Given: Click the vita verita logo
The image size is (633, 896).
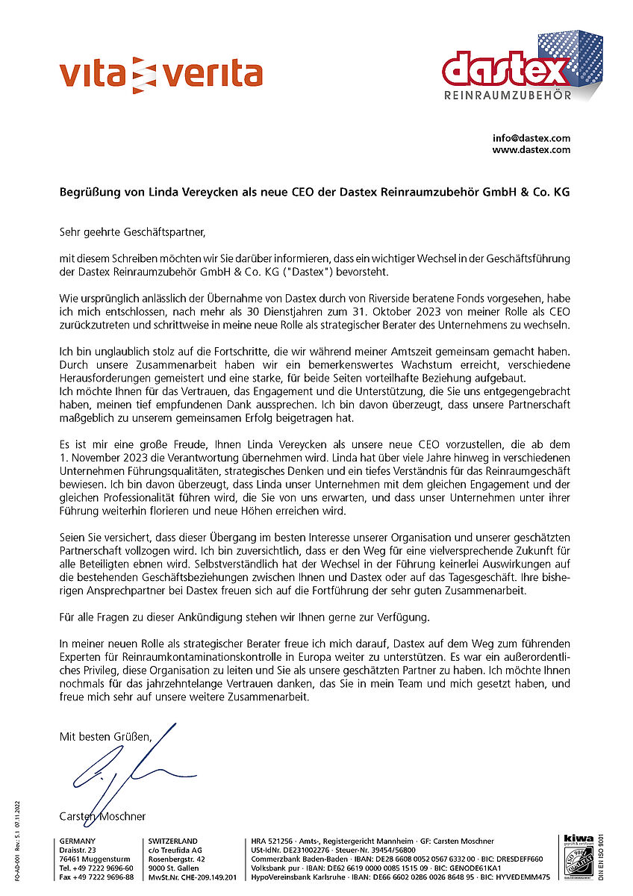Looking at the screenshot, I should coord(160,75).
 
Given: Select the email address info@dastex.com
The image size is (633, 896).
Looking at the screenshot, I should coord(531,138).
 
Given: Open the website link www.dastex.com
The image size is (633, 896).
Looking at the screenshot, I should coord(531,149).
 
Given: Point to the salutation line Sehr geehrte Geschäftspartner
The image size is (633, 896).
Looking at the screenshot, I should coord(131,233).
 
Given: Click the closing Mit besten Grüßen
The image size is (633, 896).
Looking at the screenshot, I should coord(105,737).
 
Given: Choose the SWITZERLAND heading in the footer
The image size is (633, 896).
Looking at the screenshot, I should coord(173,841).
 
